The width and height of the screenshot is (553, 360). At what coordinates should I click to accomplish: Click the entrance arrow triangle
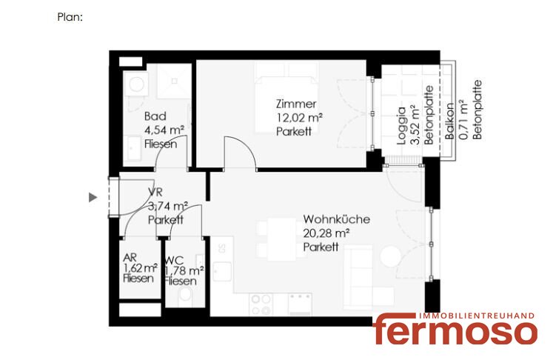pyautogui.click(x=93, y=197)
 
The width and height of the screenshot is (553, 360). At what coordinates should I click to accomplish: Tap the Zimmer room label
pyautogui.click(x=296, y=104)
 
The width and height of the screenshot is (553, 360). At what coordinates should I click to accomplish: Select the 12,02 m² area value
pyautogui.click(x=299, y=118)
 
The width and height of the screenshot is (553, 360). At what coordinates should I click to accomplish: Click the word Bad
pyautogui.click(x=155, y=116)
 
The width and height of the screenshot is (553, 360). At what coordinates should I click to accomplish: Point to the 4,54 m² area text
pyautogui.click(x=164, y=130)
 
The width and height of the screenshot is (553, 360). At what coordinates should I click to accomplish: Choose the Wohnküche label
pyautogui.click(x=336, y=219)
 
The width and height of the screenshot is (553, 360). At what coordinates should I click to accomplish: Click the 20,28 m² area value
pyautogui.click(x=326, y=233)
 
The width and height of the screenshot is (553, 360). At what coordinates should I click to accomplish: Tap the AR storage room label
pyautogui.click(x=130, y=258)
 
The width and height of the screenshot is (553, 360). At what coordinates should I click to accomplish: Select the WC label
pyautogui.click(x=175, y=261)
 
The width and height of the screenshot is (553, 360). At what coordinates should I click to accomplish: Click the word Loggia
pyautogui.click(x=402, y=126)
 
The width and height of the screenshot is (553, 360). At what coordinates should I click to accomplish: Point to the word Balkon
pyautogui.click(x=449, y=121)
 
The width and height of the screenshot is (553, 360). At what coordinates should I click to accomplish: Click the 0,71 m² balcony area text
pyautogui.click(x=463, y=120)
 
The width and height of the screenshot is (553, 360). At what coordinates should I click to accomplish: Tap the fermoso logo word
pyautogui.click(x=455, y=330)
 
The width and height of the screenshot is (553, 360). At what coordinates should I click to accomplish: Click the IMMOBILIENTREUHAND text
pyautogui.click(x=477, y=316)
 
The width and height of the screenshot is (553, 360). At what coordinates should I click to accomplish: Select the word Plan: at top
pyautogui.click(x=70, y=17)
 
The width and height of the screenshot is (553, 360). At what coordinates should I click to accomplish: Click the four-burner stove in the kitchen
pyautogui.click(x=261, y=304)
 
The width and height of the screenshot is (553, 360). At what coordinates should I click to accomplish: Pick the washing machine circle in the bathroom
pyautogui.click(x=136, y=84)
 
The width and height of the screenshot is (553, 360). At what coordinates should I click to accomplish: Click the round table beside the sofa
pyautogui.click(x=391, y=256)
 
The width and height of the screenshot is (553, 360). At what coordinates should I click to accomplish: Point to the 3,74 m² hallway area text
pyautogui.click(x=168, y=206)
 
